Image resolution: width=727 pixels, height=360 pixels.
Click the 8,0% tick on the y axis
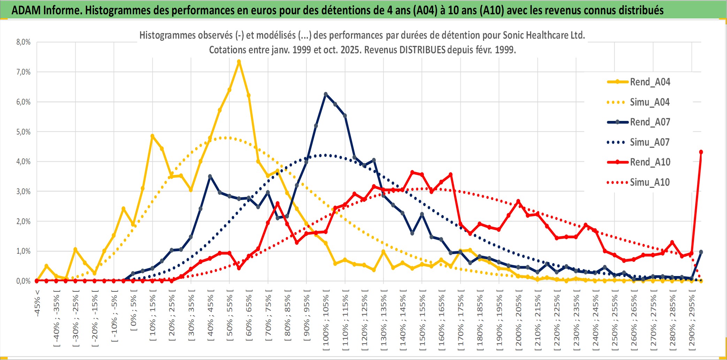click(x=23, y=42)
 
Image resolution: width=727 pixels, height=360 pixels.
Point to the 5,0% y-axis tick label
click(x=23, y=132)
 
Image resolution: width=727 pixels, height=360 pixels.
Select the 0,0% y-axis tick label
click(x=23, y=281)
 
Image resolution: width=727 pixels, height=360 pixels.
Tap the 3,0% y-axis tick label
click(x=23, y=191)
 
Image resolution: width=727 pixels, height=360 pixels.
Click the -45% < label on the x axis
click(x=37, y=303)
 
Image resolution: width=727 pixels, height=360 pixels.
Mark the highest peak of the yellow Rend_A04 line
click(x=239, y=61)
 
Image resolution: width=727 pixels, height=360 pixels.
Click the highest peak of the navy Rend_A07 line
click(x=326, y=94)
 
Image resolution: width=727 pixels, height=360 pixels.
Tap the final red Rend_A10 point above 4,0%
click(x=701, y=152)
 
